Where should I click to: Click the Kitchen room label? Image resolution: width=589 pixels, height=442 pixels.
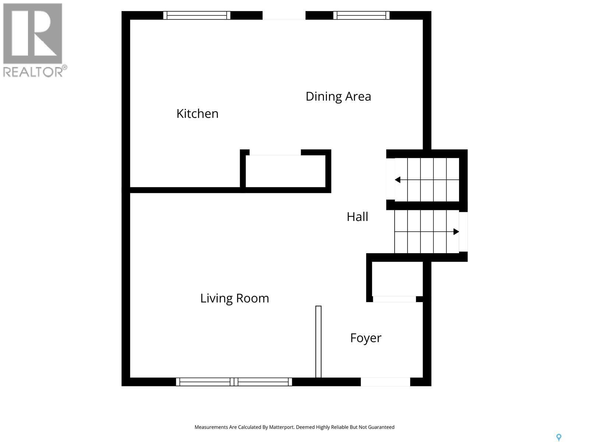197,113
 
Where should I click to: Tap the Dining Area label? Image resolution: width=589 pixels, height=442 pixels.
338,97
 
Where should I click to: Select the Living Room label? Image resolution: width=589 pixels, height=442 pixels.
234,298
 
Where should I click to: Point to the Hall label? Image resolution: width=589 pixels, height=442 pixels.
357,217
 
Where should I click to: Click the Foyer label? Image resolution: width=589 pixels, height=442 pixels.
366,338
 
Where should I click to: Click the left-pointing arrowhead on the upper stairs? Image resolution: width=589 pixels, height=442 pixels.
398,180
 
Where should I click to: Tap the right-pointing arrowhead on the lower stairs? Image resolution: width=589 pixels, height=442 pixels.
456,232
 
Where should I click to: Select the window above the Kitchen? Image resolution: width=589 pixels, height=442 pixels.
197,15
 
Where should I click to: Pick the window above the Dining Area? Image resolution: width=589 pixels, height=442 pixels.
361,15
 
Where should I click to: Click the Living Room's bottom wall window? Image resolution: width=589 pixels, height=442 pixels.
234,382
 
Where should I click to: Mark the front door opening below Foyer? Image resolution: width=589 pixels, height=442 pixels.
385,382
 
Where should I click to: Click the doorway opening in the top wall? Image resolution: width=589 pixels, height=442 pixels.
284,15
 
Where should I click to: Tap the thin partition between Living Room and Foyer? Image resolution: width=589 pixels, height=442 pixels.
318,341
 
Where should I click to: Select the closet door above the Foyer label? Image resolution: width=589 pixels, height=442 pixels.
394,299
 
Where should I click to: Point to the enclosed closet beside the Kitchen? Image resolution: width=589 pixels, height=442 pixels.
286,171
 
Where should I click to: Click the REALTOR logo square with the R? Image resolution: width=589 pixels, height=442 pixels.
33,34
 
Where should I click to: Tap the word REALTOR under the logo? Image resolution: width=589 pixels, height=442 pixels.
33,71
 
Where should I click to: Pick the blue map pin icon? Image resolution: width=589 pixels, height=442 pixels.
558,437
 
